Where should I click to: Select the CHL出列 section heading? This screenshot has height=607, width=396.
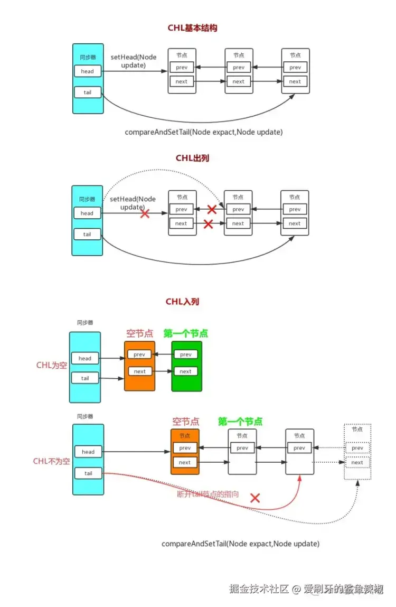tap(192, 158)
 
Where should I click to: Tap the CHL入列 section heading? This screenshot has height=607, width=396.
tap(182, 302)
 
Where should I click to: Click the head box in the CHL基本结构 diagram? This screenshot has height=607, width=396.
tap(87, 71)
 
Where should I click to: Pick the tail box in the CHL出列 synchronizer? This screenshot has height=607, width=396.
tap(87, 234)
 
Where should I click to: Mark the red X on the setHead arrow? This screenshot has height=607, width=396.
tap(144, 214)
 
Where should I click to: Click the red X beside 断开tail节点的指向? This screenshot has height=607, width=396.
tap(255, 498)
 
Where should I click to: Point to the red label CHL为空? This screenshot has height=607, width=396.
tap(51, 365)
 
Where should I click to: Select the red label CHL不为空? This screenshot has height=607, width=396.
tap(51, 461)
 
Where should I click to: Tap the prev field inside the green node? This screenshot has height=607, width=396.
tap(186, 354)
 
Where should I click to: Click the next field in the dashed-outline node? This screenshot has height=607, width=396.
tap(357, 462)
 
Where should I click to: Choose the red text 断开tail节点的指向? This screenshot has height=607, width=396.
tap(208, 494)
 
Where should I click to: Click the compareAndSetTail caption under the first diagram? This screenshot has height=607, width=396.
tap(203, 132)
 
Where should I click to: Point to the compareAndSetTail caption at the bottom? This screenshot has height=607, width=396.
tap(240, 543)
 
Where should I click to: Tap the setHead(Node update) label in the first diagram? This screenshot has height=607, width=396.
tap(133, 61)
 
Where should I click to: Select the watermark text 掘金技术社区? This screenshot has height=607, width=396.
tap(259, 589)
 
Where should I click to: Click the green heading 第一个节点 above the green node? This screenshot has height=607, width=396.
tap(185, 333)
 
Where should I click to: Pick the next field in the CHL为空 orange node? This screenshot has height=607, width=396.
tap(140, 371)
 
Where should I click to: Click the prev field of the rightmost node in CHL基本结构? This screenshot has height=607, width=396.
tap(295, 68)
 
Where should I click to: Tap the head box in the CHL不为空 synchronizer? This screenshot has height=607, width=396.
tap(88, 452)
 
